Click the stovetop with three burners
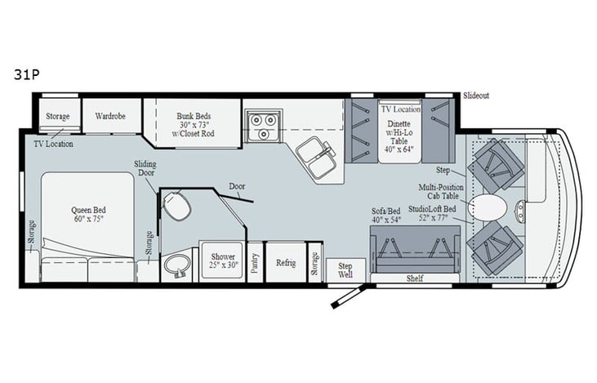click(x=265, y=124)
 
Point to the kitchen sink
click(x=314, y=155)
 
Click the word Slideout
click(x=477, y=96)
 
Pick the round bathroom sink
click(x=175, y=266)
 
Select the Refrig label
click(x=286, y=263)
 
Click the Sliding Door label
click(x=145, y=168)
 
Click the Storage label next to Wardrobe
click(x=57, y=117)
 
